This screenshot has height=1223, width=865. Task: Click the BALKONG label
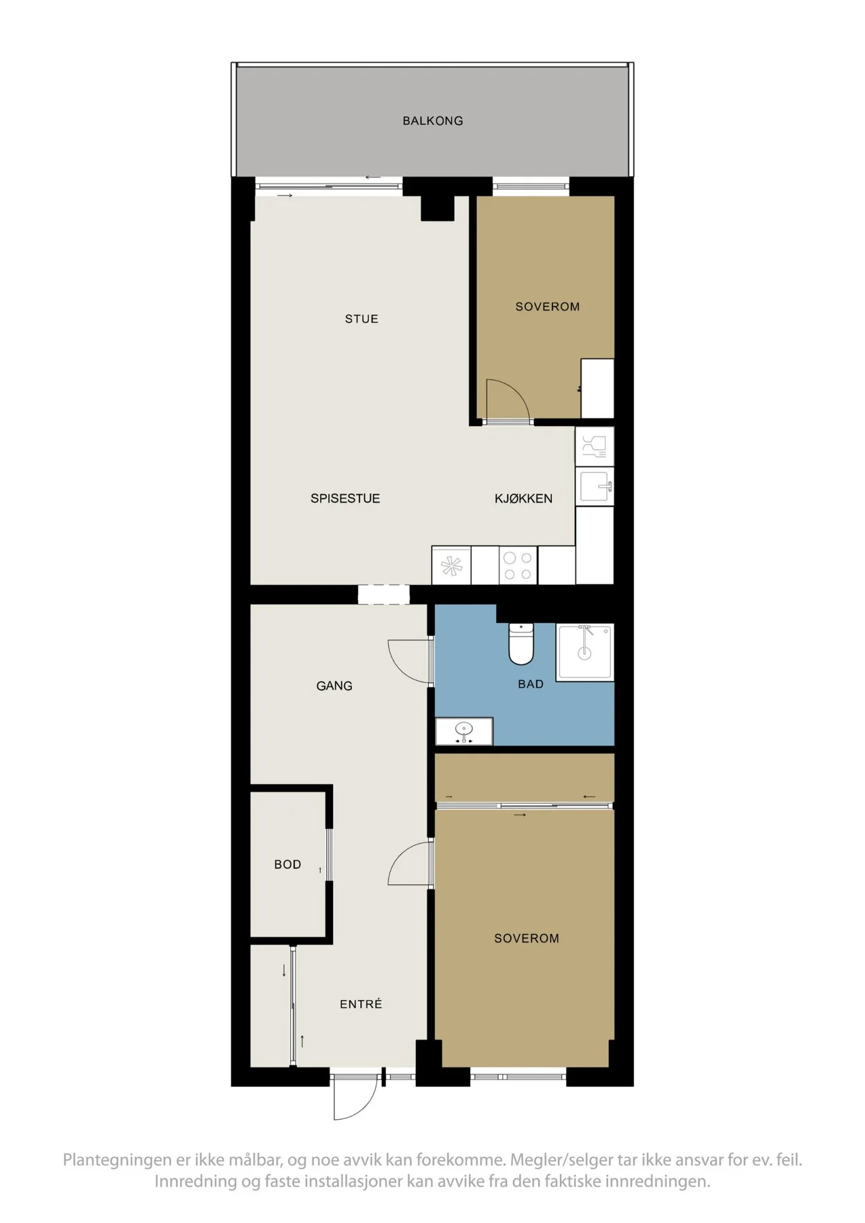coord(432,121)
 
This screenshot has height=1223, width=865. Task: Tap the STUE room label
coord(361,319)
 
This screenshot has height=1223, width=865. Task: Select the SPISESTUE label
coord(345,498)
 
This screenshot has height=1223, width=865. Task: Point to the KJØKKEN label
coord(523,498)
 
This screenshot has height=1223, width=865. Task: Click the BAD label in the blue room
coord(531,684)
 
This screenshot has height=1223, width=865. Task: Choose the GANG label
coord(334,686)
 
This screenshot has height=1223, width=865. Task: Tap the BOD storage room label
coord(287,864)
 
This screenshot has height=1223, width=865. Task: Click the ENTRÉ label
coord(361,1004)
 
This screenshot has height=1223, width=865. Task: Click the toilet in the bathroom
coord(522,643)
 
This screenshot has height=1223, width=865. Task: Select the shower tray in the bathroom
coord(584,652)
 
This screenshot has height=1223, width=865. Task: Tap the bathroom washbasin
coord(464,731)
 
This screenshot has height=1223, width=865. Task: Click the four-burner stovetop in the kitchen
coord(518,565)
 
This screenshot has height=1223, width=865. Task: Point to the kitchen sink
coord(595,486)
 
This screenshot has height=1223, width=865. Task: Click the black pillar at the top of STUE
coord(438,208)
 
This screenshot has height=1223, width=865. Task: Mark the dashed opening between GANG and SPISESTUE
coord(384,595)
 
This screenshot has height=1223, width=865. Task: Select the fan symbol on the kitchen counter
coord(451,566)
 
